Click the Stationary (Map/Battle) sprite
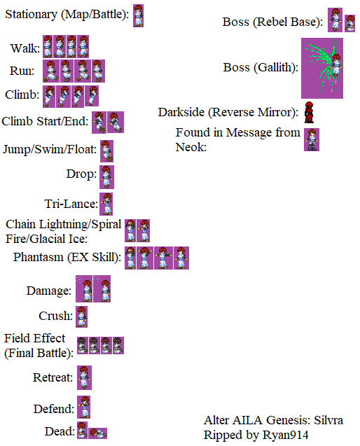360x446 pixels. pyautogui.click(x=138, y=15)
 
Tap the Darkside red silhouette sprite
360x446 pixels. pyautogui.click(x=309, y=112)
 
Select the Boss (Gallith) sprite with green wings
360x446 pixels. pyautogui.click(x=322, y=69)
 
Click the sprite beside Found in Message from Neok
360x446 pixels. pyautogui.click(x=312, y=139)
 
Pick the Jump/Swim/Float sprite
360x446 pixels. pyautogui.click(x=106, y=151)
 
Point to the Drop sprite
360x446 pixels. pyautogui.click(x=106, y=177)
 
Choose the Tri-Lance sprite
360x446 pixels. pyautogui.click(x=106, y=204)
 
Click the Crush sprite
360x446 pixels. pyautogui.click(x=82, y=316)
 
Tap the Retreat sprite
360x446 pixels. pyautogui.click(x=84, y=377)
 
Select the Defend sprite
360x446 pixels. pyautogui.click(x=84, y=407)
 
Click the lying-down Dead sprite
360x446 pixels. pyautogui.click(x=97, y=433)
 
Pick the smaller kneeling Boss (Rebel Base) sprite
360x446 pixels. pyautogui.click(x=349, y=23)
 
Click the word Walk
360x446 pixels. pyautogui.click(x=25, y=48)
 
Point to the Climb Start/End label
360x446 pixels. pyautogui.click(x=45, y=121)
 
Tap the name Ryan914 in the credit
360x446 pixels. pyautogui.click(x=286, y=435)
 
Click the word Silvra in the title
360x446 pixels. pyautogui.click(x=328, y=420)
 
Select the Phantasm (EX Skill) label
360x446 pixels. pyautogui.click(x=67, y=257)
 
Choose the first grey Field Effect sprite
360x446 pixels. pyautogui.click(x=83, y=345)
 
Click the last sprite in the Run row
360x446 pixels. pyautogui.click(x=98, y=71)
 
